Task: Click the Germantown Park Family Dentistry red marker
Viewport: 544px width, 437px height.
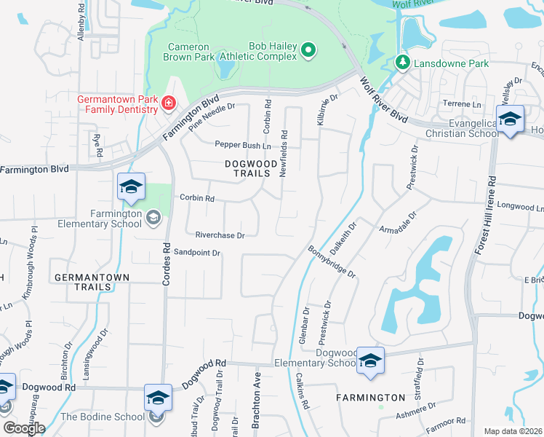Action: (169, 104)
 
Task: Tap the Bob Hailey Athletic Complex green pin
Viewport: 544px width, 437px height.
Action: (308, 50)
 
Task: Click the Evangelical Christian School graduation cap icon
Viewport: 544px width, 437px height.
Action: (510, 119)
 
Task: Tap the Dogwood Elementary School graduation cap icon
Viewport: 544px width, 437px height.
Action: (371, 360)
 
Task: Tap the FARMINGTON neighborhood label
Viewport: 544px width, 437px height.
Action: (371, 398)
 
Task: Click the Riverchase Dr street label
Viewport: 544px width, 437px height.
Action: (220, 235)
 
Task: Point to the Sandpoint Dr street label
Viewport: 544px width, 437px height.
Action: (196, 253)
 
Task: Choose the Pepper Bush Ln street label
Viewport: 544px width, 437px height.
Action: (237, 145)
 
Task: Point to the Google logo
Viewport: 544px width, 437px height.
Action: (24, 428)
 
